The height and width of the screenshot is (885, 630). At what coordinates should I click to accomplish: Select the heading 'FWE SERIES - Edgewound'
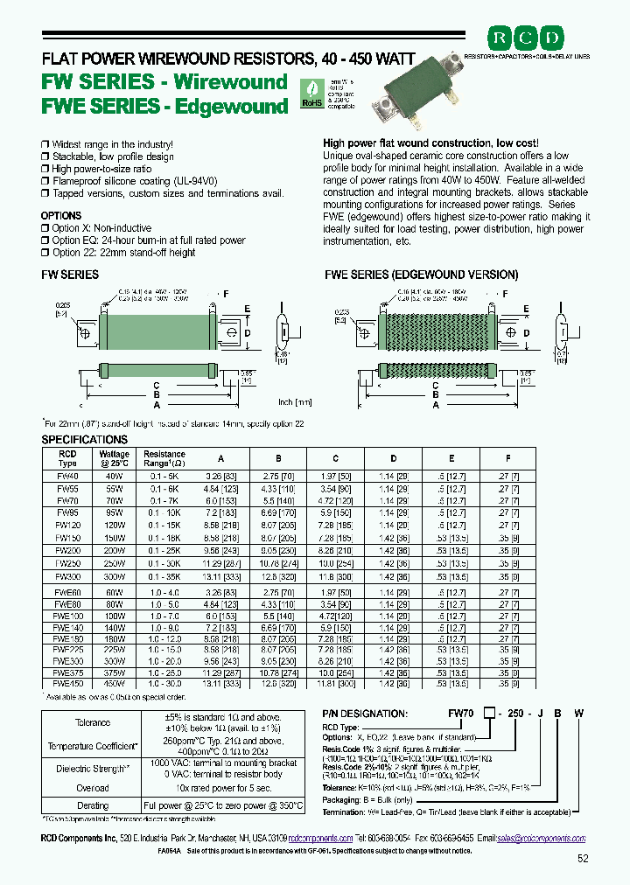click(165, 107)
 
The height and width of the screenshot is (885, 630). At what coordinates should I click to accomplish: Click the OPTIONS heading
click(61, 215)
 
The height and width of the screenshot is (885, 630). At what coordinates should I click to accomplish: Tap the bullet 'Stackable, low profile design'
click(112, 157)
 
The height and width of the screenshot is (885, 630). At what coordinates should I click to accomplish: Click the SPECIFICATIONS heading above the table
click(85, 439)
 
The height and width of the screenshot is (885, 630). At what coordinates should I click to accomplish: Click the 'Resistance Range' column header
click(164, 459)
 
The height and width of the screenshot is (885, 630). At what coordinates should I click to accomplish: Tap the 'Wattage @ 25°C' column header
click(115, 459)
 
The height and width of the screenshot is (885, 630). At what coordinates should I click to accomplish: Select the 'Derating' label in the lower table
click(93, 805)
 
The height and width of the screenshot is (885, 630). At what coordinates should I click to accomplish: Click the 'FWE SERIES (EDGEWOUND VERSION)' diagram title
click(422, 275)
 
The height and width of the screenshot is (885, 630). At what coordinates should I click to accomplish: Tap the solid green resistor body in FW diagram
click(153, 334)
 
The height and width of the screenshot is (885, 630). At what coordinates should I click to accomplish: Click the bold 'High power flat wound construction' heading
click(429, 143)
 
